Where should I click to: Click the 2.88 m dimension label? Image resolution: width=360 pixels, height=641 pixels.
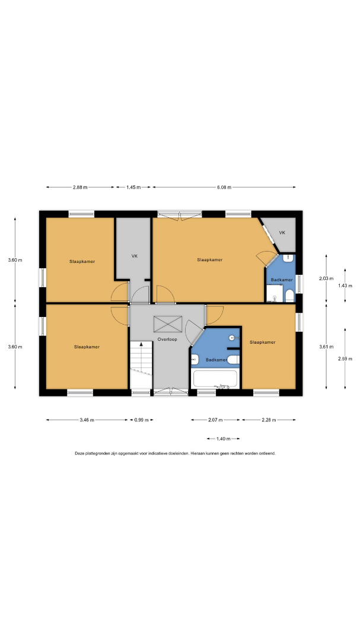click(80, 187)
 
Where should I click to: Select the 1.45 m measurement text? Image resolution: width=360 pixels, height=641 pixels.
click(133, 187)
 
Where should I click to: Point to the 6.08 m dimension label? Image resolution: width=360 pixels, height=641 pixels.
click(224, 187)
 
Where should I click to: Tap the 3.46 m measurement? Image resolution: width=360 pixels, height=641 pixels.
click(87, 420)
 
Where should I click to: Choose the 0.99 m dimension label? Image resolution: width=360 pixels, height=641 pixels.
click(141, 420)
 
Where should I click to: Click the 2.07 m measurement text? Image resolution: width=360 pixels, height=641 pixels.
click(215, 420)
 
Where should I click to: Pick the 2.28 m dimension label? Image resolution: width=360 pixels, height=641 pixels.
click(269, 420)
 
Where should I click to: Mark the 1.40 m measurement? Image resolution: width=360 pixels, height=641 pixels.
click(223, 439)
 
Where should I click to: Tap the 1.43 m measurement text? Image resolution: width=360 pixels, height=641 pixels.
click(345, 285)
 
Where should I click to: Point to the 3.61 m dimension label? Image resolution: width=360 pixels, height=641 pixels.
click(326, 347)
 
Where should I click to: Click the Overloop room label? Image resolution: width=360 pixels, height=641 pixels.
click(167, 339)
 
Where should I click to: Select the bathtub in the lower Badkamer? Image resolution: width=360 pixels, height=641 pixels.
click(215, 379)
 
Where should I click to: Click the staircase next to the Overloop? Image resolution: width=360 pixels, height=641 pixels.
click(141, 364)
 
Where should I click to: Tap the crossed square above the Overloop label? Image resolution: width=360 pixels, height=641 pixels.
click(167, 324)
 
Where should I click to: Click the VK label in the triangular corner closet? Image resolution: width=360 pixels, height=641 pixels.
click(282, 233)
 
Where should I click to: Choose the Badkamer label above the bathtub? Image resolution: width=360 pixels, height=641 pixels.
click(216, 360)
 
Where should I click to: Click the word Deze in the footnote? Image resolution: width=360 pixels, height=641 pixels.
click(79, 453)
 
